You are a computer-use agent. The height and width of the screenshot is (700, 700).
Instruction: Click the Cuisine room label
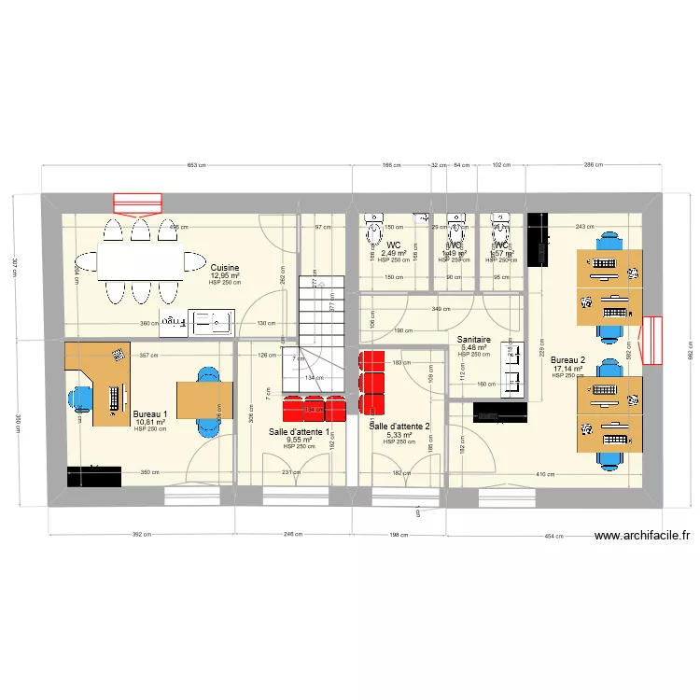point(225,267)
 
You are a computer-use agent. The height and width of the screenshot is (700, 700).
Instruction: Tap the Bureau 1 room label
point(150,414)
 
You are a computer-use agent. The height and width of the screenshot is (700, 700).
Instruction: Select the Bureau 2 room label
point(567,360)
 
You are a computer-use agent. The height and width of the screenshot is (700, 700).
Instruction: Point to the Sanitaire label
point(474,340)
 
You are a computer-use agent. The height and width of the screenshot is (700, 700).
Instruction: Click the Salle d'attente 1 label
point(299,431)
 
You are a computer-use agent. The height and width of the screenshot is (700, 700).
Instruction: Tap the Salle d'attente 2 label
point(399,427)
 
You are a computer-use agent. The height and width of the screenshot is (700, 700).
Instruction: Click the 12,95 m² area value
point(225,275)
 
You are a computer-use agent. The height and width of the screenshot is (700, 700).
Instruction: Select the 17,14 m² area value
point(567,369)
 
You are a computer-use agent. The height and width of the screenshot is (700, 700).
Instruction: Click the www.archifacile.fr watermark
point(643,536)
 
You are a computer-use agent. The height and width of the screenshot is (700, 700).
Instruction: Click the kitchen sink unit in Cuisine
point(197,323)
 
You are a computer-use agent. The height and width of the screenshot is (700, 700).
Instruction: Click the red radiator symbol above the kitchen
point(137,203)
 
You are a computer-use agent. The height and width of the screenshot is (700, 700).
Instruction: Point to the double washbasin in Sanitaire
point(513,370)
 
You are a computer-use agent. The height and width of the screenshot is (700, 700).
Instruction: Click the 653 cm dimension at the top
point(196,165)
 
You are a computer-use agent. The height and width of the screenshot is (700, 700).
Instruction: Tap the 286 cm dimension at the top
point(594,165)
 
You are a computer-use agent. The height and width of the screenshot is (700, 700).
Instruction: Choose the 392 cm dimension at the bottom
point(141,535)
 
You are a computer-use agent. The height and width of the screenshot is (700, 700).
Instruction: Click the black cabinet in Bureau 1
point(94,476)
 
